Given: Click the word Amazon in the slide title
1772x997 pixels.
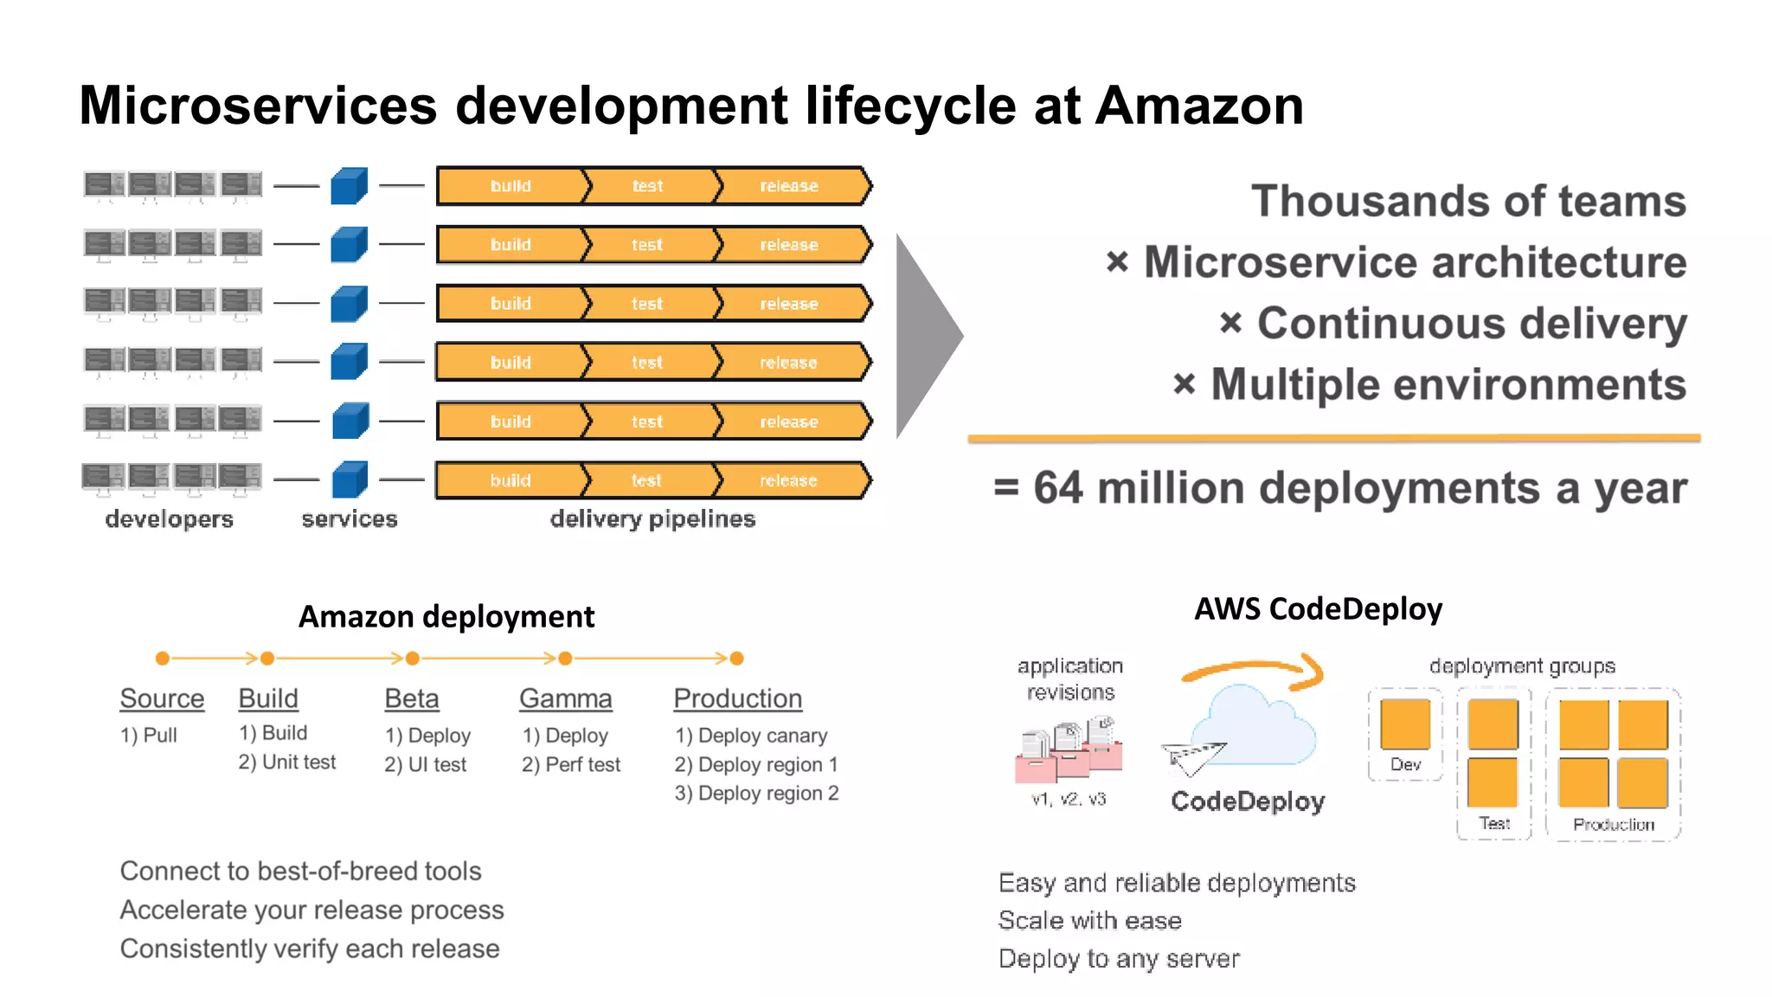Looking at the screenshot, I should (1199, 106).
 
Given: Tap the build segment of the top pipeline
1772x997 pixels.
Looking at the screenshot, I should (510, 186).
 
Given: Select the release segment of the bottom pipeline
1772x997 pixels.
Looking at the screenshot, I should (788, 480).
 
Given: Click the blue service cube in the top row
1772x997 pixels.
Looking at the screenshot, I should (350, 186).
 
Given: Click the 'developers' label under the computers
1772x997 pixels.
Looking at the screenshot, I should (170, 518).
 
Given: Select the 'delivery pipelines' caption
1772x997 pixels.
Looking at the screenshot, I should (652, 518).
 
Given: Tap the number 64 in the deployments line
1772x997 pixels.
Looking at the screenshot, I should (1057, 487).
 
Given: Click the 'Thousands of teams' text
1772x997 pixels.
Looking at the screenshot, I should (1468, 201).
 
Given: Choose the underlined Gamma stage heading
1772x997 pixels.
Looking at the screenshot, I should (566, 698).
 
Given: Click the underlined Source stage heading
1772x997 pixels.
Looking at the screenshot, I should (162, 698).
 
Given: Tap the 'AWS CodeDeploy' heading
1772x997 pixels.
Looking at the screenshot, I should (1318, 609).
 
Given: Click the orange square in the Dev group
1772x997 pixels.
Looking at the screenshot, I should (1405, 724).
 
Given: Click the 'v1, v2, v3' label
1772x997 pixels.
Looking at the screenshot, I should (1069, 799).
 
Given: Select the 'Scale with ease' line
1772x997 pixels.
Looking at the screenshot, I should (1089, 920).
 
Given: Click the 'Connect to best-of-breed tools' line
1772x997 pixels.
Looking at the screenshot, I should (300, 871).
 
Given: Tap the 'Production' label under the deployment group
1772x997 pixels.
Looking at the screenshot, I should (1613, 824).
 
